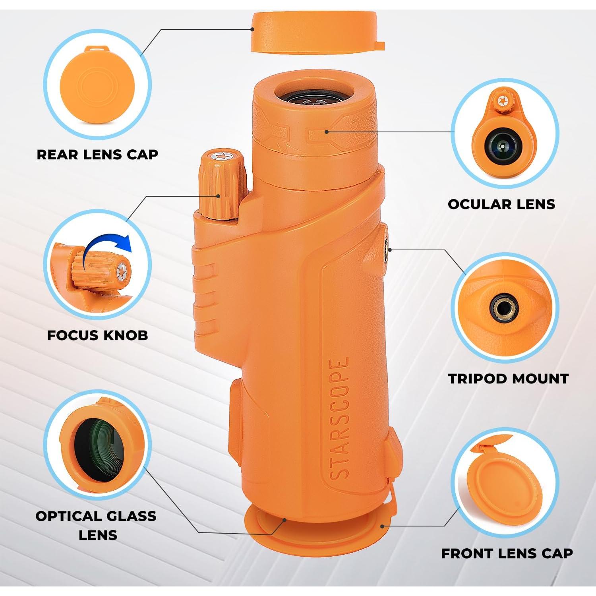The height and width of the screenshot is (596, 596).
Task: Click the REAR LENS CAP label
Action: [x=97, y=155]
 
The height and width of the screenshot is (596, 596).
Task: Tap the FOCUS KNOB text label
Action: [x=97, y=335]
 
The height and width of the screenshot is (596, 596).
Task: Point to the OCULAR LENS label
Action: [x=501, y=204]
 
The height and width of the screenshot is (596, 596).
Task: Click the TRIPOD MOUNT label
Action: [x=509, y=378]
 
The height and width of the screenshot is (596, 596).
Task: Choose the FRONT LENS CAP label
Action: [x=507, y=553]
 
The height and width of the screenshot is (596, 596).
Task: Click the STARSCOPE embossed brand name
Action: [x=340, y=418]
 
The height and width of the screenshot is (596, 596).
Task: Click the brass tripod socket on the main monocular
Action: [x=386, y=250]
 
